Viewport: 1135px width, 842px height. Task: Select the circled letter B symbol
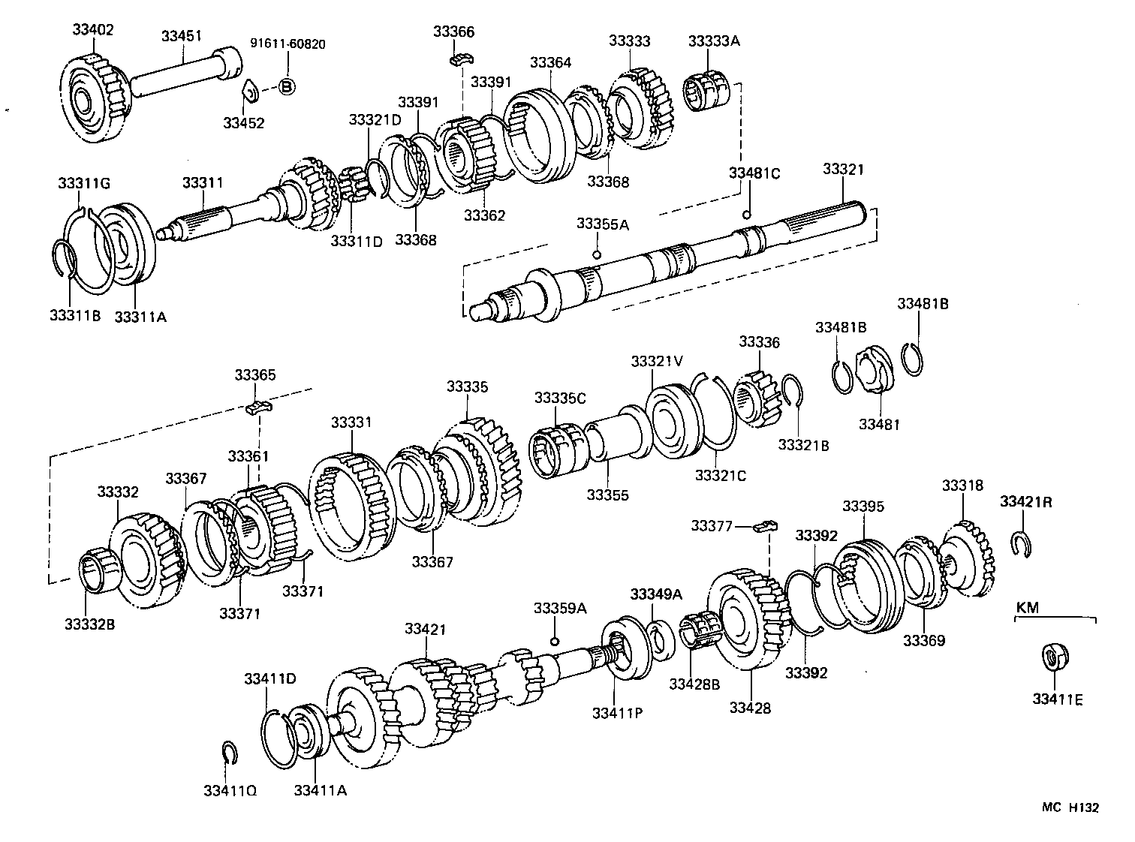tap(286, 87)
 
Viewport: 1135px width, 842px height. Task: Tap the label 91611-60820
tap(288, 44)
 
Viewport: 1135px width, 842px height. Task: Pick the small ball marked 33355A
tap(597, 254)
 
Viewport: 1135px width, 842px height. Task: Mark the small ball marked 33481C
tap(746, 215)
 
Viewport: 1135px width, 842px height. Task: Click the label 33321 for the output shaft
tap(843, 170)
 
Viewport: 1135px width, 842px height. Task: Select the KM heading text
tap(1027, 607)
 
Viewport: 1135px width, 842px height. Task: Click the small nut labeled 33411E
tap(1055, 657)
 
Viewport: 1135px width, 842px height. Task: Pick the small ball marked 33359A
tap(554, 640)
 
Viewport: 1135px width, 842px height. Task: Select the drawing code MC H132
tap(1070, 807)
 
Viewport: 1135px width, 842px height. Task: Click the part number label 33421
tap(426, 628)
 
